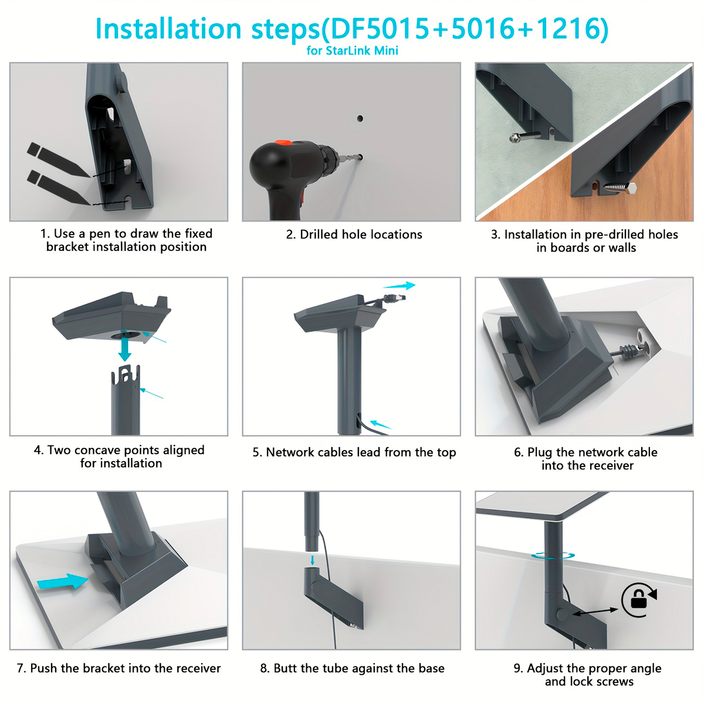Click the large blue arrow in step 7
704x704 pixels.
[x=62, y=581]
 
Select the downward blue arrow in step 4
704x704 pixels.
[x=125, y=349]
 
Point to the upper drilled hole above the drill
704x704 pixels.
[x=360, y=119]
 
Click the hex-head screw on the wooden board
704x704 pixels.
[x=620, y=187]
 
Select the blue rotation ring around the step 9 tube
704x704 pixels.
[x=553, y=556]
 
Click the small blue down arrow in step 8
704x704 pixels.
[x=312, y=560]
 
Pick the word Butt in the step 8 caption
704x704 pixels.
[x=286, y=668]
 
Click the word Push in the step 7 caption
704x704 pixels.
[x=44, y=668]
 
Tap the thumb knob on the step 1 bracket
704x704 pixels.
[x=121, y=82]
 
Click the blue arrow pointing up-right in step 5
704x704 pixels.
[x=400, y=286]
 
